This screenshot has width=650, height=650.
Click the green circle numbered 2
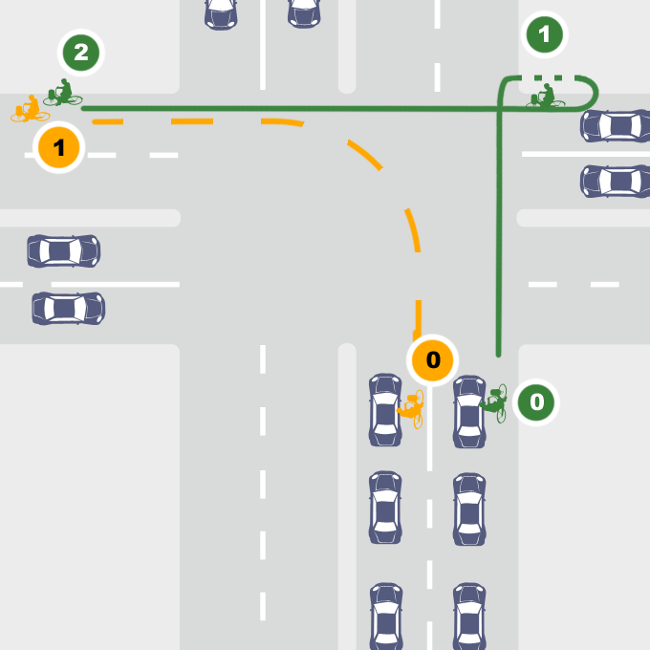[x=81, y=53]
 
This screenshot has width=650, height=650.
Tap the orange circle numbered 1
[x=59, y=148]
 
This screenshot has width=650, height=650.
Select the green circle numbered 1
[x=545, y=36]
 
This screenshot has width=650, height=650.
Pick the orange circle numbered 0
[x=433, y=360]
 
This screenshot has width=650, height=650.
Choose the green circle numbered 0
[x=536, y=402]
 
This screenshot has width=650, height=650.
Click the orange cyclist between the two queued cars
[x=411, y=408]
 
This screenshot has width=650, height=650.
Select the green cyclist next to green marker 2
[x=62, y=94]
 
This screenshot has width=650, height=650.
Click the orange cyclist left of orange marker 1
[x=29, y=110]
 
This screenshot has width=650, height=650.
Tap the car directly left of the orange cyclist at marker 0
[x=385, y=409]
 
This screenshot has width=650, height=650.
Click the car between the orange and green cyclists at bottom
[x=468, y=411]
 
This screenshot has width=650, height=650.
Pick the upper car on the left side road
[x=64, y=251]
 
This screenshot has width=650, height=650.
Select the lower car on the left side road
[x=68, y=309]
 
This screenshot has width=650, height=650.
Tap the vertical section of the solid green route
[x=498, y=239]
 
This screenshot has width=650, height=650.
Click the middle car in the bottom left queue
[x=385, y=508]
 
